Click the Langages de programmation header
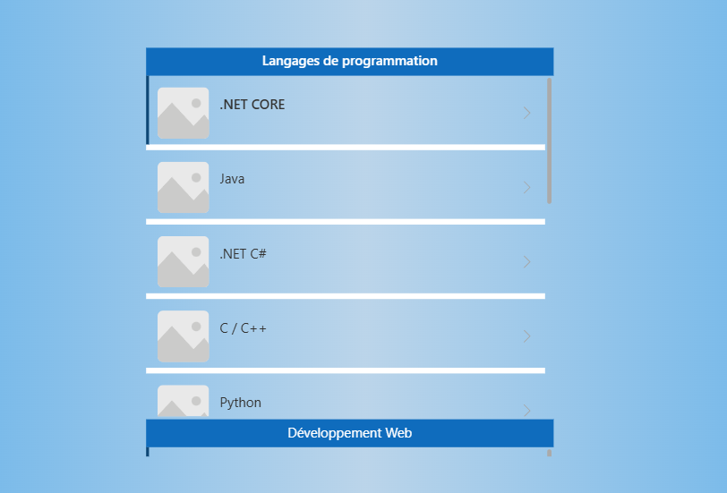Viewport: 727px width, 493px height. click(349, 61)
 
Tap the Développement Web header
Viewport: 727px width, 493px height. click(349, 433)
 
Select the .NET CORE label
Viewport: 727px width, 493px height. click(252, 105)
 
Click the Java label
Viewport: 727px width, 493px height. click(232, 179)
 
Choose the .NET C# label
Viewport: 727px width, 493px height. click(243, 254)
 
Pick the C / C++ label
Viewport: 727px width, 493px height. click(243, 328)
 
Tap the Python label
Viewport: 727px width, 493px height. click(240, 403)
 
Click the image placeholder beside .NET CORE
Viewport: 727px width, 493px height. click(184, 113)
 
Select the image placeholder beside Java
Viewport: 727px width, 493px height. click(184, 187)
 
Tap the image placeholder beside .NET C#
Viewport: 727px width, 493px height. click(184, 262)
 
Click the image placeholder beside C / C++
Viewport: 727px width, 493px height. click(184, 336)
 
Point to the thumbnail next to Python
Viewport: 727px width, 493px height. click(184, 401)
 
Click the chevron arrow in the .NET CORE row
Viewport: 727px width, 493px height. click(526, 113)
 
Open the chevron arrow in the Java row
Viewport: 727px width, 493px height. click(526, 187)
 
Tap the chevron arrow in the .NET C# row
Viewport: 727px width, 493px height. click(526, 262)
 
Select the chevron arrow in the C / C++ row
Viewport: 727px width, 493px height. click(526, 336)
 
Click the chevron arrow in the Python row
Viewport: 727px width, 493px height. click(526, 410)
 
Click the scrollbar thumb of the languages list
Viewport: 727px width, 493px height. click(550, 140)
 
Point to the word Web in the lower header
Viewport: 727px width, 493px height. click(398, 433)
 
